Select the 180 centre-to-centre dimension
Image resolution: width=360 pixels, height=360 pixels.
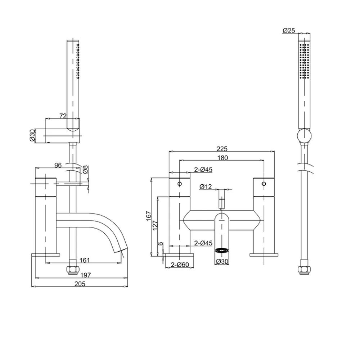click(222, 158)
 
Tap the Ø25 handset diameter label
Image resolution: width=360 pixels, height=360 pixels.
click(289, 31)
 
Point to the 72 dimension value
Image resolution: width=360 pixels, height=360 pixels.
click(63, 116)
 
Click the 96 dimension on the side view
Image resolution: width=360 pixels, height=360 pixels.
click(58, 165)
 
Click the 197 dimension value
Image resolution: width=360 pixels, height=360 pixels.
click(86, 275)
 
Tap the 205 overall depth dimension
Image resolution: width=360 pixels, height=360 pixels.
click(80, 284)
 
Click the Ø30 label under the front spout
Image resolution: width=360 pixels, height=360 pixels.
click(221, 262)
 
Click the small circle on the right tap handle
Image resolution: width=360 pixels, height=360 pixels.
click(264, 184)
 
